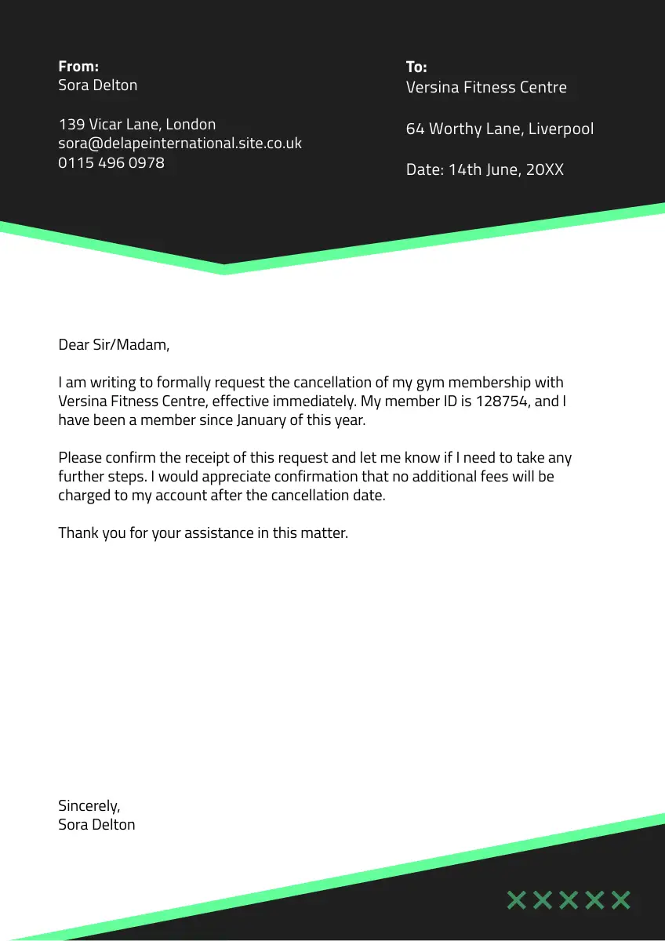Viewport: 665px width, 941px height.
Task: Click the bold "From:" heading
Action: [x=78, y=66]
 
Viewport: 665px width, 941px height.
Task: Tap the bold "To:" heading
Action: [x=416, y=67]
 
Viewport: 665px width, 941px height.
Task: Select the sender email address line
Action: [x=180, y=144]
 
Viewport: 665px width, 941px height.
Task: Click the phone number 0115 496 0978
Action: [x=111, y=163]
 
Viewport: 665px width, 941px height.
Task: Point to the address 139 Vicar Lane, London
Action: [x=137, y=124]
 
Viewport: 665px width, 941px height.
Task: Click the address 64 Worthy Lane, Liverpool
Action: [x=500, y=129]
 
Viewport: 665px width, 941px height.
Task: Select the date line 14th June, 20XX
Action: [x=485, y=169]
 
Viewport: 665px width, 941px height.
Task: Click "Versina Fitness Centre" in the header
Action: [x=486, y=87]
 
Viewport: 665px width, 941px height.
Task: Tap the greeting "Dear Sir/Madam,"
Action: [x=114, y=344]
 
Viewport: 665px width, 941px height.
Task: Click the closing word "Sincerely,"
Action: [x=89, y=805]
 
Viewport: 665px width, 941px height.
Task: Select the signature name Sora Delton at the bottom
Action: [x=96, y=824]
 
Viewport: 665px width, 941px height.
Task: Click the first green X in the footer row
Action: [x=516, y=899]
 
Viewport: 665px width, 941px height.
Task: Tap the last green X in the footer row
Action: [x=621, y=899]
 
